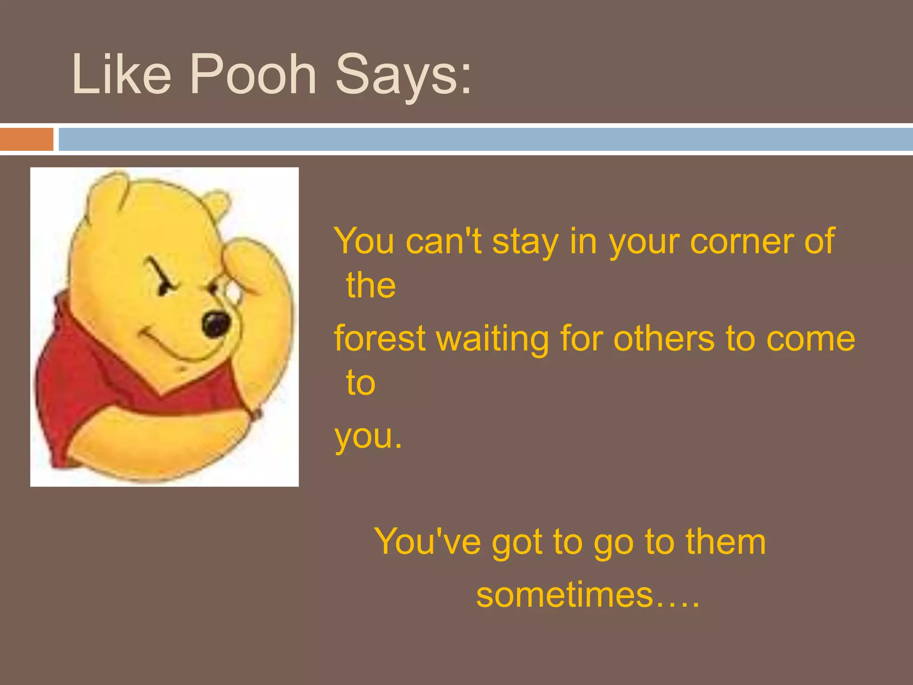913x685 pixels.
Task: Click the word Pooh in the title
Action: [x=253, y=74]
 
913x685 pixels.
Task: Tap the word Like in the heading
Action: [x=121, y=74]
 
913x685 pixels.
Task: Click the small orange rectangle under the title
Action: [x=26, y=139]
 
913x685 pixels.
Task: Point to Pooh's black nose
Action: [x=217, y=324]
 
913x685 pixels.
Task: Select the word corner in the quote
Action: [x=740, y=241]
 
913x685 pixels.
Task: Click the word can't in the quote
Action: [x=444, y=241]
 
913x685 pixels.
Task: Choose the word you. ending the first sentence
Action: [x=368, y=437]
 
